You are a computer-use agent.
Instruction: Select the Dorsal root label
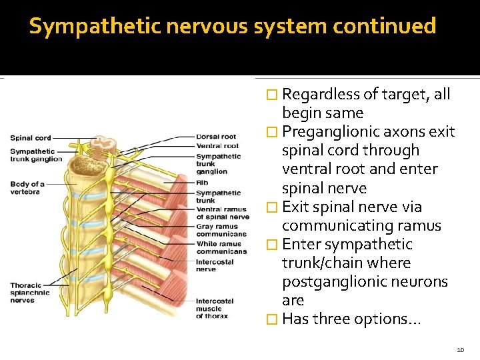(x=216, y=137)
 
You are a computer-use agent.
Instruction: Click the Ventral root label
(x=217, y=145)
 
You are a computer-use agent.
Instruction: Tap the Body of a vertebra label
(x=27, y=188)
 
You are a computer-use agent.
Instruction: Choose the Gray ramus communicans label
(x=221, y=230)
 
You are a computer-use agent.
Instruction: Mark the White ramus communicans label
(x=221, y=247)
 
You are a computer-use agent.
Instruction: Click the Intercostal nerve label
(x=215, y=265)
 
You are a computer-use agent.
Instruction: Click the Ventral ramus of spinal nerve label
(x=223, y=213)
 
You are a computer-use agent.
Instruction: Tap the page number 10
(x=461, y=349)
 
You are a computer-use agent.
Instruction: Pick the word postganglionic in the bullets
(x=334, y=282)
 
